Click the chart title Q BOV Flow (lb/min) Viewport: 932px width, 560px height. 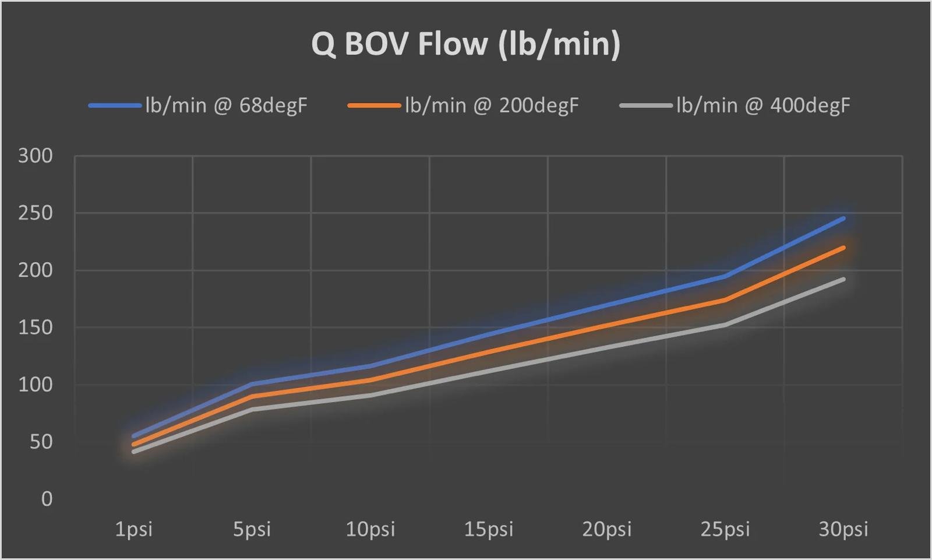point(465,44)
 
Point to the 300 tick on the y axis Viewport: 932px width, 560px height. point(36,156)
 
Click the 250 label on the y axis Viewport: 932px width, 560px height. point(36,213)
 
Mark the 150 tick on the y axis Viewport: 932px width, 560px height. point(36,327)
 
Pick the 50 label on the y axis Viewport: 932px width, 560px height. point(41,442)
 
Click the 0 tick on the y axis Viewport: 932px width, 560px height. point(47,499)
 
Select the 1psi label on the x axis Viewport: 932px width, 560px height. point(134,529)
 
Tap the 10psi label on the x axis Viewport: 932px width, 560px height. point(370,529)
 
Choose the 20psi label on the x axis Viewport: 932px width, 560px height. point(607,529)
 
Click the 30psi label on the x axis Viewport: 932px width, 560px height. point(843,529)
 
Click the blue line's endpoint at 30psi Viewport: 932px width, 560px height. point(843,219)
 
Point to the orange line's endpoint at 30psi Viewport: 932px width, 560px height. point(843,248)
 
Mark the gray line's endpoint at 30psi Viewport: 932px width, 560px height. point(843,279)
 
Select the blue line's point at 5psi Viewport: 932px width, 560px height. point(252,384)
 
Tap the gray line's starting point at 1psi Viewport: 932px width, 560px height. point(134,452)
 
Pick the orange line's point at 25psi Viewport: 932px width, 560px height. point(725,300)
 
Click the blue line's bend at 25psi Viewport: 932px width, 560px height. point(725,276)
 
